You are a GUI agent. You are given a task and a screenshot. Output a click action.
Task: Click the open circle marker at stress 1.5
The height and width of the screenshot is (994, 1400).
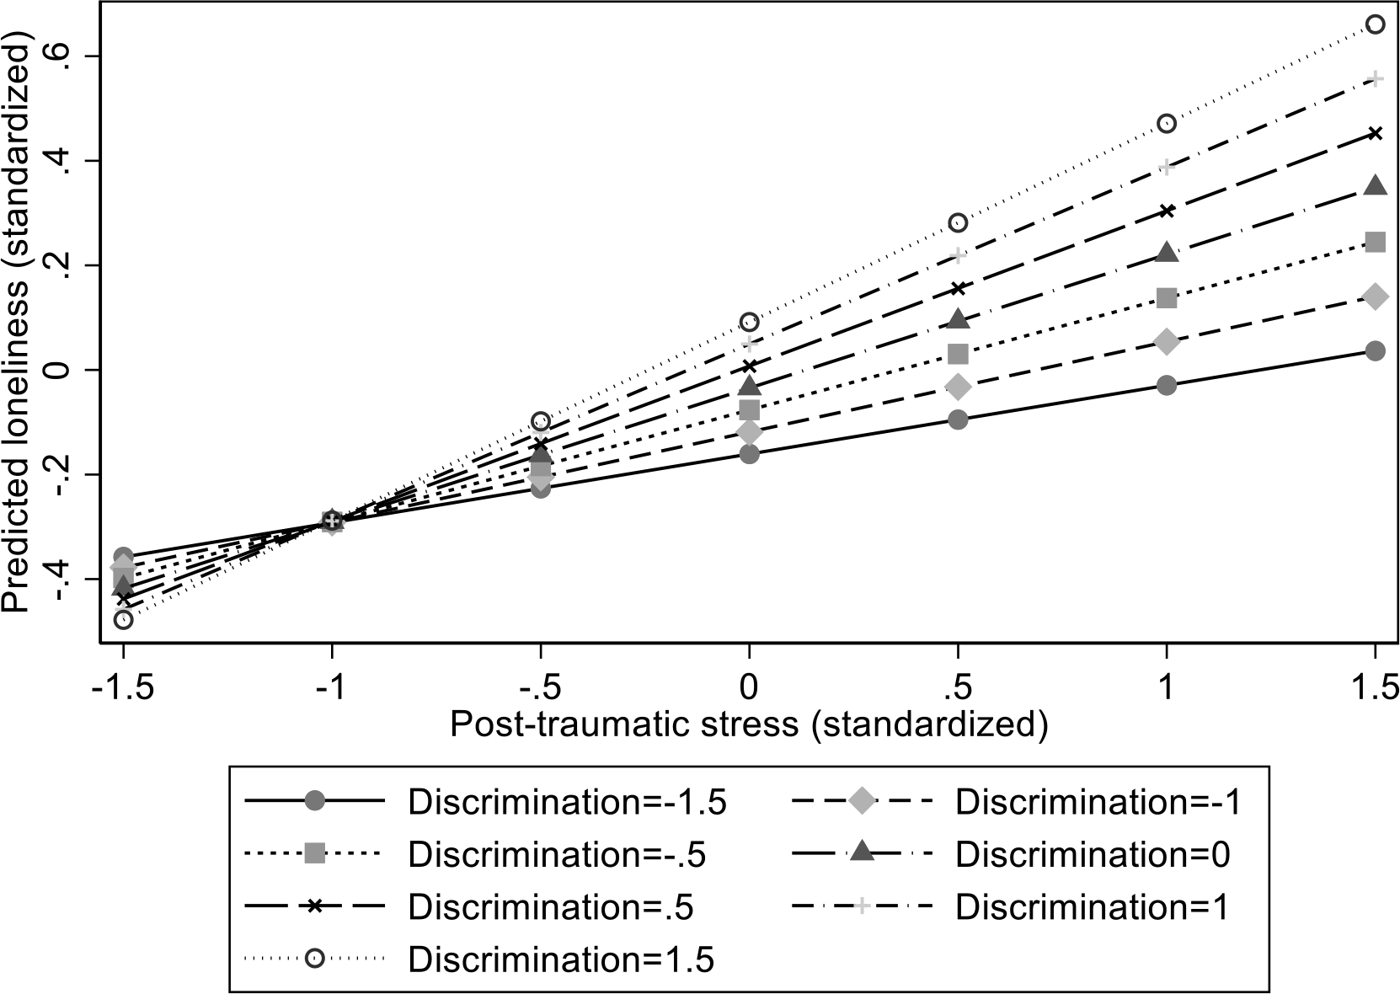(1375, 24)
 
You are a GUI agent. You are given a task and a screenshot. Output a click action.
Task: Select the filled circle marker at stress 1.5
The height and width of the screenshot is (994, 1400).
(1375, 351)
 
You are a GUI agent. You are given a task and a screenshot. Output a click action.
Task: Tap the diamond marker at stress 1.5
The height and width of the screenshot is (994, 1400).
(1375, 297)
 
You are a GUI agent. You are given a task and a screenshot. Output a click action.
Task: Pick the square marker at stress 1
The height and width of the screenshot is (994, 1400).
(1167, 298)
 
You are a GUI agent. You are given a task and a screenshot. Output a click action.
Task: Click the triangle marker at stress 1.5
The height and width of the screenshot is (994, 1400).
(1375, 187)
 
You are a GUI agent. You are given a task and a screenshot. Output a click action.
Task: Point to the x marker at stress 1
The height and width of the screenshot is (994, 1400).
(1167, 211)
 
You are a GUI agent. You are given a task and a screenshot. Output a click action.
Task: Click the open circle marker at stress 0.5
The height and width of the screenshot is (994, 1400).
(958, 223)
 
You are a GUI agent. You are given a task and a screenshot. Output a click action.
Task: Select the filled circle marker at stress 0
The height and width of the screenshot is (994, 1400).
(749, 454)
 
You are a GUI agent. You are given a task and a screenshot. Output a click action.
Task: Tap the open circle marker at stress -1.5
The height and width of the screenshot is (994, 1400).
(124, 620)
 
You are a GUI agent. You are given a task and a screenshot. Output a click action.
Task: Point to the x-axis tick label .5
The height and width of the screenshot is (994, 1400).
(958, 689)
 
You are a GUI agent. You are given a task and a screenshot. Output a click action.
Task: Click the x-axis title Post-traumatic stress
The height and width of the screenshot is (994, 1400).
(748, 725)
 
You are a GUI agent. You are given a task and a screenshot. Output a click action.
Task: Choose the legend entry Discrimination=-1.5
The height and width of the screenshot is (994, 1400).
(566, 802)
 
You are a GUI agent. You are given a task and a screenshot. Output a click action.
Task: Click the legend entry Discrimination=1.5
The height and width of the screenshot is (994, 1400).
(561, 959)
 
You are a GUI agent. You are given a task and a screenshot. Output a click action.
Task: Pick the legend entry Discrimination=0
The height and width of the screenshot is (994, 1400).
(1093, 855)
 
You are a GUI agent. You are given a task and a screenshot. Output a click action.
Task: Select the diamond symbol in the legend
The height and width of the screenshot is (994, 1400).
(861, 802)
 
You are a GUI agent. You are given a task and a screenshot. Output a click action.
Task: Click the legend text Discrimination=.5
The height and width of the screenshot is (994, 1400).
(551, 907)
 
